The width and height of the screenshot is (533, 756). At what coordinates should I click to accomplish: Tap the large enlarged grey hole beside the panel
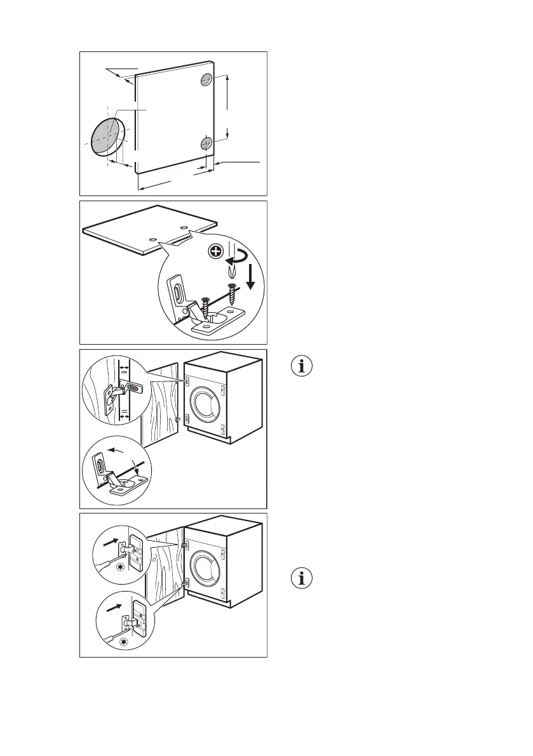(105, 136)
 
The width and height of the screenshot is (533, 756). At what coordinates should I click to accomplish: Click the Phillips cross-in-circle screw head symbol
(216, 252)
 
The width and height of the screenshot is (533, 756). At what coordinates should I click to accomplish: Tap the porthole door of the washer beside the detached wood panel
(206, 406)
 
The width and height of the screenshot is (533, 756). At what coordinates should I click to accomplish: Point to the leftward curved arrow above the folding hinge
(115, 451)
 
